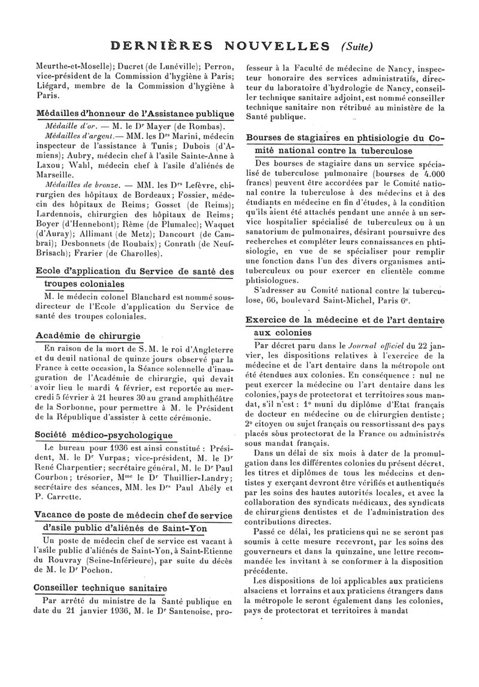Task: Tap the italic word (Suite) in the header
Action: point(357,46)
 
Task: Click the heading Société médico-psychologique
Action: point(104,435)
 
